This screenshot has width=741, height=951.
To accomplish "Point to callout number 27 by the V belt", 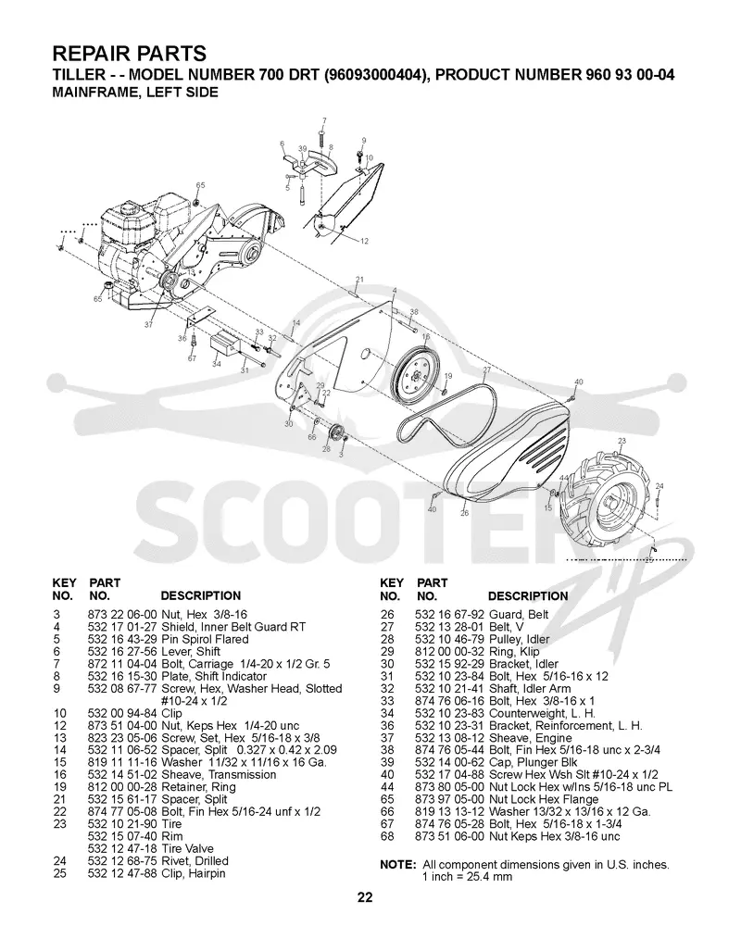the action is pyautogui.click(x=486, y=369).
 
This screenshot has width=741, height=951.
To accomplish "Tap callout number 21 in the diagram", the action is pyautogui.click(x=359, y=280).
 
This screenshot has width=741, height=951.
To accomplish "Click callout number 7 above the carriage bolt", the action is pyautogui.click(x=324, y=120).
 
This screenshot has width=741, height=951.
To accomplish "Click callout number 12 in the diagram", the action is pyautogui.click(x=364, y=242).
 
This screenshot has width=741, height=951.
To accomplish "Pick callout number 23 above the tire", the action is pyautogui.click(x=621, y=441).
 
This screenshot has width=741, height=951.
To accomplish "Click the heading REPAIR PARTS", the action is pyautogui.click(x=130, y=54).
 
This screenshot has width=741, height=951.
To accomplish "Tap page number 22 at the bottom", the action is pyautogui.click(x=365, y=897).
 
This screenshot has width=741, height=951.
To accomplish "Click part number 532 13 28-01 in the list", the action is pyautogui.click(x=449, y=627).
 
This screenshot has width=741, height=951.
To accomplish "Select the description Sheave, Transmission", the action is pyautogui.click(x=219, y=774).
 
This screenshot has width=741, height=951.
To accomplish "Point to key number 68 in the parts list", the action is pyautogui.click(x=386, y=836).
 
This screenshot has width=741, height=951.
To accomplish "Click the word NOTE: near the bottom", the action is pyautogui.click(x=398, y=865).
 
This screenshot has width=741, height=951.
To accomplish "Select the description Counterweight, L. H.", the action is pyautogui.click(x=542, y=713).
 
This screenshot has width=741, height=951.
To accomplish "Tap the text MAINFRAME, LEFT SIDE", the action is pyautogui.click(x=134, y=93).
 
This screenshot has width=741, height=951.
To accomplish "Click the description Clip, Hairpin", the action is pyautogui.click(x=193, y=873).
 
